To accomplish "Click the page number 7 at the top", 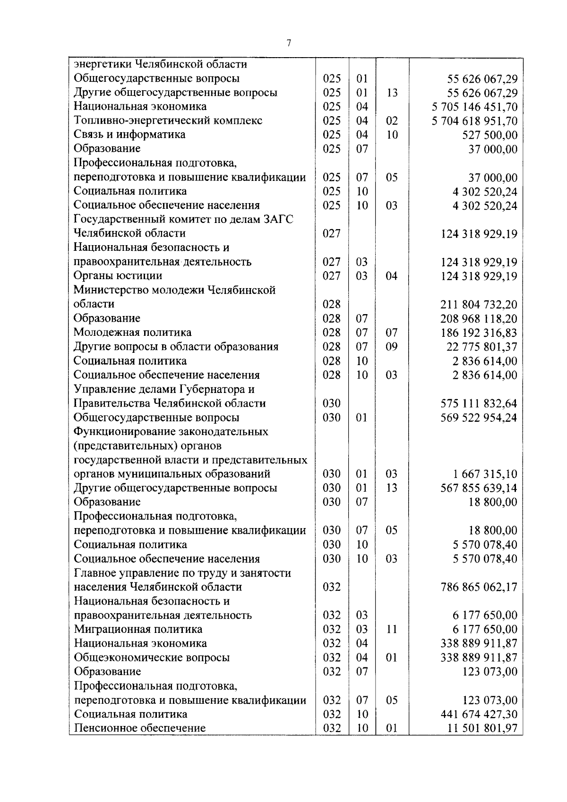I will [288, 43].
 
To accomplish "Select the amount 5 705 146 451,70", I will [474, 107].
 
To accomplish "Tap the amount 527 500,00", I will [489, 135].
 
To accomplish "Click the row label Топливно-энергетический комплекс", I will [168, 120].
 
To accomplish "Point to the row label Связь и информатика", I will [129, 135].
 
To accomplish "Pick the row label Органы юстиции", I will [118, 276].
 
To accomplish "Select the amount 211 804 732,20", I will [479, 304].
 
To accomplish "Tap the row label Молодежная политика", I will [132, 333].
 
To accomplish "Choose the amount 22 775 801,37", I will [481, 347].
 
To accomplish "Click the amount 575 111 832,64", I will [479, 403].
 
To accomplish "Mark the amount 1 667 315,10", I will [485, 474].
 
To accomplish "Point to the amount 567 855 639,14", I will [479, 488].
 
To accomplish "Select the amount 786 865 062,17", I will [479, 587].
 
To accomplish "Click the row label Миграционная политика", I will [138, 629].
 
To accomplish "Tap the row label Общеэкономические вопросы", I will [152, 657].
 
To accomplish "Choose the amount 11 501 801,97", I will [482, 728].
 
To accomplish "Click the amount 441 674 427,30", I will [479, 714].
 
